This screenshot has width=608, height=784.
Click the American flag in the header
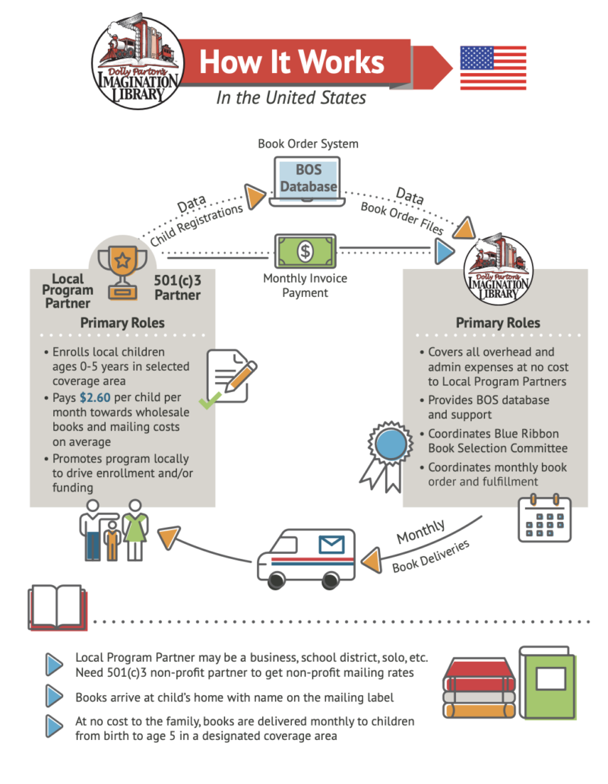tap(493, 68)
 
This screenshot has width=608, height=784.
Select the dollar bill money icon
tap(304, 251)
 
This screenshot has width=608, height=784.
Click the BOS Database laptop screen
tap(305, 179)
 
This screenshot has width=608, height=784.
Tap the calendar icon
tap(544, 519)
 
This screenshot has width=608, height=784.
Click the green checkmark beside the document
tap(211, 397)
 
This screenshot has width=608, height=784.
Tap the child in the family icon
tap(112, 540)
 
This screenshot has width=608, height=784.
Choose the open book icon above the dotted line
tap(58, 606)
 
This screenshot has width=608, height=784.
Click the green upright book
tap(546, 683)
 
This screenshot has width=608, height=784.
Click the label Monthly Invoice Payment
tap(305, 286)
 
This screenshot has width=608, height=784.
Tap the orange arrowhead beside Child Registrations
tap(256, 198)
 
